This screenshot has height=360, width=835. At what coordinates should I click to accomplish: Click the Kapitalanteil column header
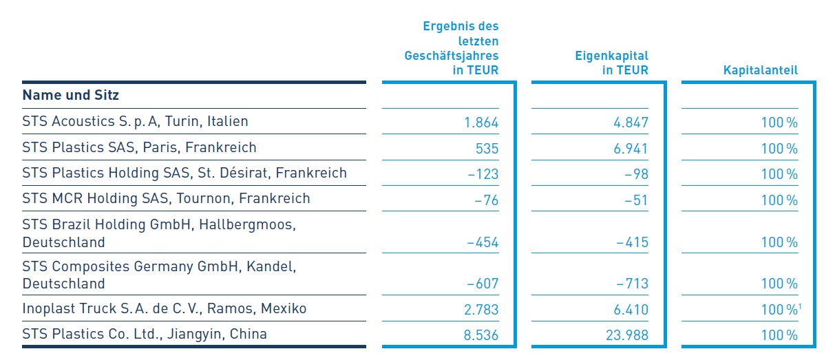coord(760,70)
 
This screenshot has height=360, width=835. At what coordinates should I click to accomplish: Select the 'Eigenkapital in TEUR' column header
coord(611,63)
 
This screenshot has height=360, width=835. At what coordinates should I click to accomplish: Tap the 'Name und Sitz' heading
coord(70,96)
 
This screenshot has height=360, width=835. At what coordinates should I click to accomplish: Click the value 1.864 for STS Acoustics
coord(481,123)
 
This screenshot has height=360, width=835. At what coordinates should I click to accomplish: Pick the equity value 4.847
coord(631,123)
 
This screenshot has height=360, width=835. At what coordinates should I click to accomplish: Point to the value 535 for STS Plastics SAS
coord(487,149)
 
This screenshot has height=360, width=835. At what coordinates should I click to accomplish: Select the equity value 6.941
coord(631,149)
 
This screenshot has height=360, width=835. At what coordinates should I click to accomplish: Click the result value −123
coord(483,174)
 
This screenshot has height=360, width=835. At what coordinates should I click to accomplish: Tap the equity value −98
coord(636,174)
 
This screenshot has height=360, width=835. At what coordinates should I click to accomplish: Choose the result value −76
coord(486,200)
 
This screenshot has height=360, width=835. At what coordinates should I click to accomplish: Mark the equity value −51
coord(636,200)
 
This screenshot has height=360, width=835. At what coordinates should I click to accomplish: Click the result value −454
coord(483,242)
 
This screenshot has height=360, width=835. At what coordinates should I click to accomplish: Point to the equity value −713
coord(633,284)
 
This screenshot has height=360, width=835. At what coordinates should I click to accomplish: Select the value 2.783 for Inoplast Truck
coord(481,310)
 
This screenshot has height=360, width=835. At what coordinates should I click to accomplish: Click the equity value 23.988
coord(628,335)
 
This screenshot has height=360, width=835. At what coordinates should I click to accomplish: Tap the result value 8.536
coord(481,335)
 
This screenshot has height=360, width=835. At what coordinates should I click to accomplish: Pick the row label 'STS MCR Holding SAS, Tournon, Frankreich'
coord(166,199)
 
